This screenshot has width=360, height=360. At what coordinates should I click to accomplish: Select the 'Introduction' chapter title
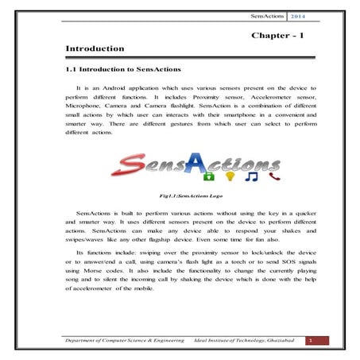pyautogui.click(x=95, y=49)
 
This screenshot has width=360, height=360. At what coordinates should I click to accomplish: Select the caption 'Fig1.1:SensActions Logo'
pyautogui.click(x=179, y=194)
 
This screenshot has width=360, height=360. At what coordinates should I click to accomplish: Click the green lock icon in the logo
pyautogui.click(x=211, y=175)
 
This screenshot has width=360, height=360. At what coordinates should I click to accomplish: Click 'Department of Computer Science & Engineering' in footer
pyautogui.click(x=122, y=340)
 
